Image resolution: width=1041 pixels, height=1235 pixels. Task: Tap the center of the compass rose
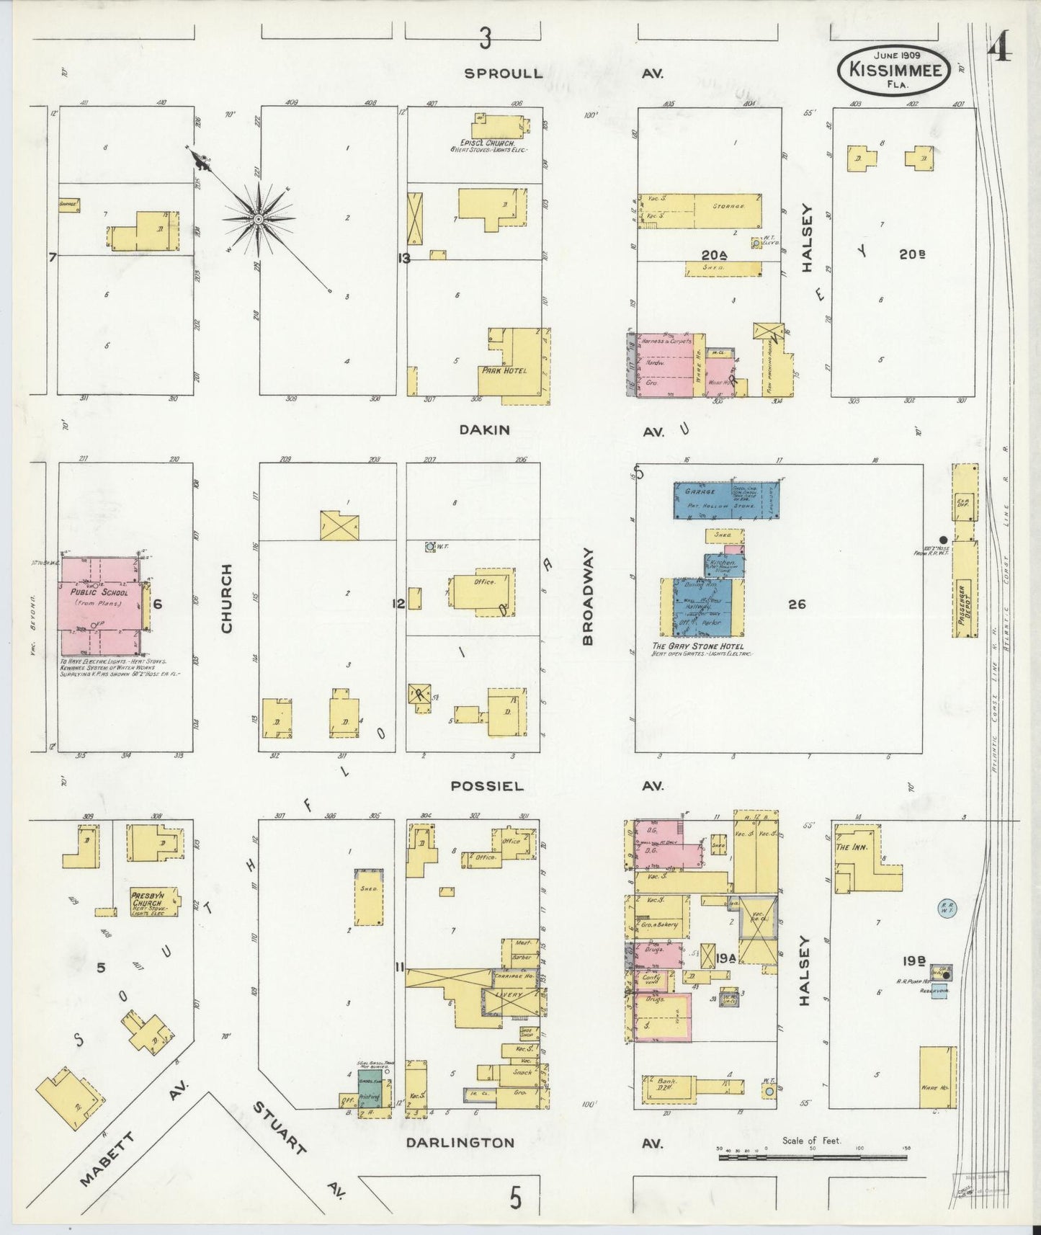pyautogui.click(x=257, y=218)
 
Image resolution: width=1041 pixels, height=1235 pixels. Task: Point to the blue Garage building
pyautogui.click(x=725, y=499)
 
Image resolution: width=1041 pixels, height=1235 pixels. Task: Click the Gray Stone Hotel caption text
pyautogui.click(x=697, y=646)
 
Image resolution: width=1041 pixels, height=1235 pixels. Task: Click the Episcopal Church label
pyautogui.click(x=488, y=143)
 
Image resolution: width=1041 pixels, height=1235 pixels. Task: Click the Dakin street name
pyautogui.click(x=485, y=430)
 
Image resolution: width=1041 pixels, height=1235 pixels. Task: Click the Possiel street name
pyautogui.click(x=486, y=786)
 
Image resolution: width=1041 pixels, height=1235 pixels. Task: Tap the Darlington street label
pyautogui.click(x=460, y=1143)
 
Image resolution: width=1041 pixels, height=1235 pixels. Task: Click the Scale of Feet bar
pyautogui.click(x=812, y=1157)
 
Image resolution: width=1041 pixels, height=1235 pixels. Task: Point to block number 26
pyautogui.click(x=796, y=605)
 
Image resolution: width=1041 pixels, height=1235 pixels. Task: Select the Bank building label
pyautogui.click(x=658, y=1082)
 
